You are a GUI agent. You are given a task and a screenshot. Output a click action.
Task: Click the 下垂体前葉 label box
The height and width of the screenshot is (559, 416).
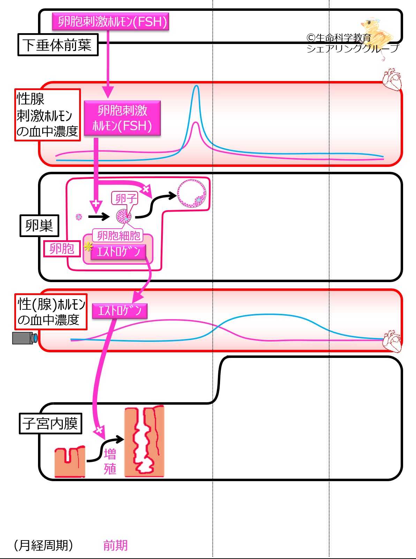[58, 45]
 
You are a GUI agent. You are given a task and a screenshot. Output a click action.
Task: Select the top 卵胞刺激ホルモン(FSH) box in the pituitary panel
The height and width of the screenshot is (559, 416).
[111, 21]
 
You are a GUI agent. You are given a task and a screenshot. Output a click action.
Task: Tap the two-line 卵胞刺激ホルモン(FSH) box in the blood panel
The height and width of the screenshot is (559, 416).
[122, 118]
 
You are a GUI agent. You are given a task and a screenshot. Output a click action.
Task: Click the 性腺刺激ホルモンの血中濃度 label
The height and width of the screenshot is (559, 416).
[47, 115]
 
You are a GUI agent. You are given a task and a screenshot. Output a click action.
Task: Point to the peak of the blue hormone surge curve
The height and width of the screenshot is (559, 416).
[196, 86]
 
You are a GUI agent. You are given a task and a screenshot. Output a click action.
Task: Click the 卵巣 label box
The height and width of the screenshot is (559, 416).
[39, 226]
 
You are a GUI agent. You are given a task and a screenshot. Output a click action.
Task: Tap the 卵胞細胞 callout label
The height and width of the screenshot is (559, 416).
[118, 235]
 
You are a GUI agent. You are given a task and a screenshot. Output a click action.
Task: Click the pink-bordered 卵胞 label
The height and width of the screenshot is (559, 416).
[62, 249]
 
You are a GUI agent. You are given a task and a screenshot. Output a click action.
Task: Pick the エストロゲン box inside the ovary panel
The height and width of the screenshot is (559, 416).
[118, 251]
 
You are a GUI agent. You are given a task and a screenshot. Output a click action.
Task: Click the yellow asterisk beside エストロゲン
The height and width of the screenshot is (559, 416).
[88, 247]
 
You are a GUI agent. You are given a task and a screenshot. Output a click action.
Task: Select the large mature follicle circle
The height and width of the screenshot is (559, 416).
[192, 193]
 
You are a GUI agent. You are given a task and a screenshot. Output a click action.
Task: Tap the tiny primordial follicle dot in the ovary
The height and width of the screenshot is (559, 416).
[79, 217]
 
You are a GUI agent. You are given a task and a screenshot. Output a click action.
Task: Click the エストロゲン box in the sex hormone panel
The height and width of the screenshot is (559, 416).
[120, 311]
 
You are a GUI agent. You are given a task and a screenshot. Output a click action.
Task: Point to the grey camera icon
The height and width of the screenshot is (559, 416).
[25, 338]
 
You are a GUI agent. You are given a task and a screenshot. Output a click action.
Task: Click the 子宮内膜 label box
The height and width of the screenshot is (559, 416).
[50, 424]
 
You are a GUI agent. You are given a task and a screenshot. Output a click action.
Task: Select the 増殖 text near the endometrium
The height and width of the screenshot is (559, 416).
[110, 462]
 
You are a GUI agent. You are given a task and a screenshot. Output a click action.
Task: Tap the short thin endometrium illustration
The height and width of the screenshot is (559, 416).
[70, 462]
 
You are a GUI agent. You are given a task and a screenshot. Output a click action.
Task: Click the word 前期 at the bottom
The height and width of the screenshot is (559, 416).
[115, 545]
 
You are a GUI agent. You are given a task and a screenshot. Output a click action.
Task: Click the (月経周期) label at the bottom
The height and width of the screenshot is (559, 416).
[44, 545]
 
